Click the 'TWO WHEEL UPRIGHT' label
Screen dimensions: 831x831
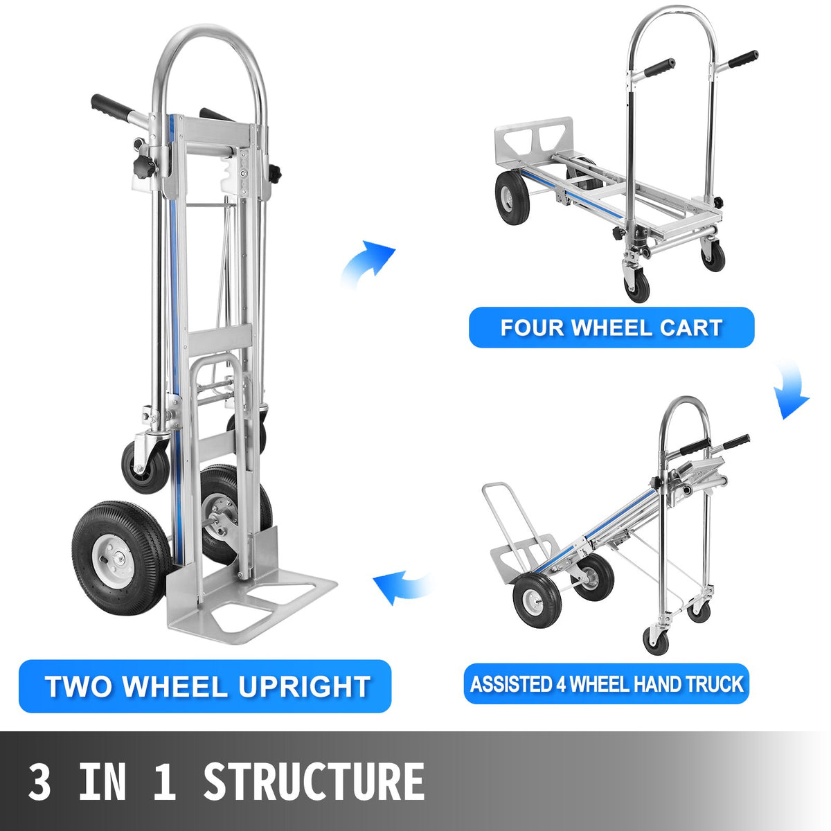[206, 686]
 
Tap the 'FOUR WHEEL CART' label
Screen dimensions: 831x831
[611, 327]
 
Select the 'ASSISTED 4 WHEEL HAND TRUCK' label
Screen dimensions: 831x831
[606, 684]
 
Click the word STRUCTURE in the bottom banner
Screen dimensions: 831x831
[313, 782]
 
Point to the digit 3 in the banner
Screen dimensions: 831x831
[39, 782]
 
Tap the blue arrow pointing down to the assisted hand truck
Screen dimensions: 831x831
[791, 392]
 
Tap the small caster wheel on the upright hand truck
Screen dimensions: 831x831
[145, 466]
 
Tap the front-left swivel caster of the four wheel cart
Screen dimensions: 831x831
[637, 284]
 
